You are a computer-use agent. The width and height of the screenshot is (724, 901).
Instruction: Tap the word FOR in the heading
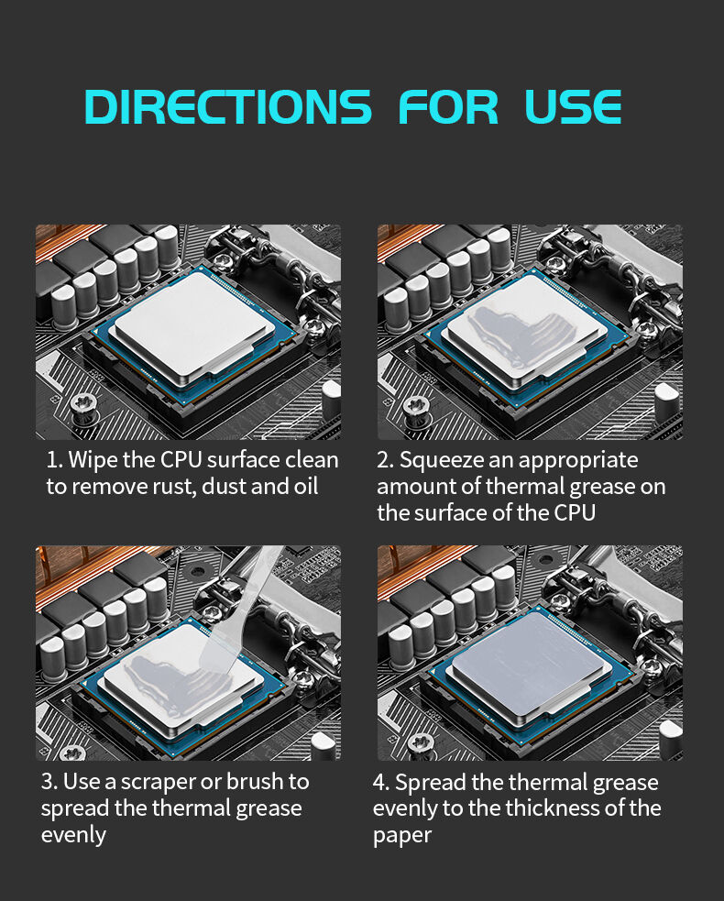click(x=448, y=107)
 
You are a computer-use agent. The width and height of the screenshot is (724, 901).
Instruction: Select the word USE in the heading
click(x=573, y=107)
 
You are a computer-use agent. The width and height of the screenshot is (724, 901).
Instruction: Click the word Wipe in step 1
click(x=93, y=460)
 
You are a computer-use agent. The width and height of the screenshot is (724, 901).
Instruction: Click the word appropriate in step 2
click(x=578, y=460)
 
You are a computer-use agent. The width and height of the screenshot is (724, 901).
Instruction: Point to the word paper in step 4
click(x=401, y=836)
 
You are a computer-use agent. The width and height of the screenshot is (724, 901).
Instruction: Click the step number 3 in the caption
click(x=48, y=782)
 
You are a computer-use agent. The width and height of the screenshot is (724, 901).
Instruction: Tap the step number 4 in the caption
click(x=380, y=783)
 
